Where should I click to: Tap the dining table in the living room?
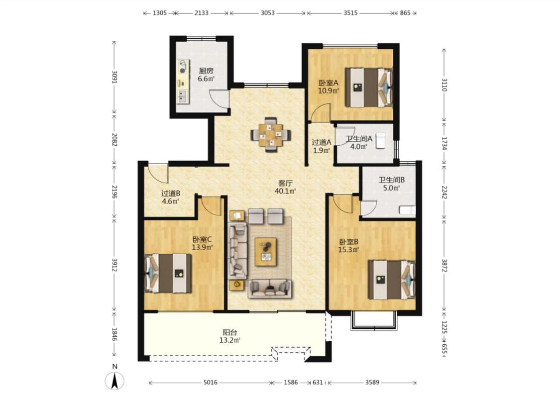pos(271,134)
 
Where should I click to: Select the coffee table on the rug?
pos(265,252)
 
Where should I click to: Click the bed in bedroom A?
pos(368,88)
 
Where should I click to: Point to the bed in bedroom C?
pos(168,274)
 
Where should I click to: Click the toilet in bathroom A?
pos(381,140)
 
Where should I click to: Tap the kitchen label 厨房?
pos(206,71)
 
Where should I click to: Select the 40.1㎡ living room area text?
pos(285,191)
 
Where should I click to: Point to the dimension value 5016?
pos(211,382)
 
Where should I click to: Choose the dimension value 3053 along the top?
pos(267,13)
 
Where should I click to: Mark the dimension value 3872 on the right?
pos(445,265)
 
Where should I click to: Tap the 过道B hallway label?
pos(171,193)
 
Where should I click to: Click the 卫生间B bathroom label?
pos(392,180)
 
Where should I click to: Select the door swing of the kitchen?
pos(219,98)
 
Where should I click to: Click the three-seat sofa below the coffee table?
pos(270,289)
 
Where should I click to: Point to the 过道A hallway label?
pos(322,142)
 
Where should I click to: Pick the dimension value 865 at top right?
pos(405,13)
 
